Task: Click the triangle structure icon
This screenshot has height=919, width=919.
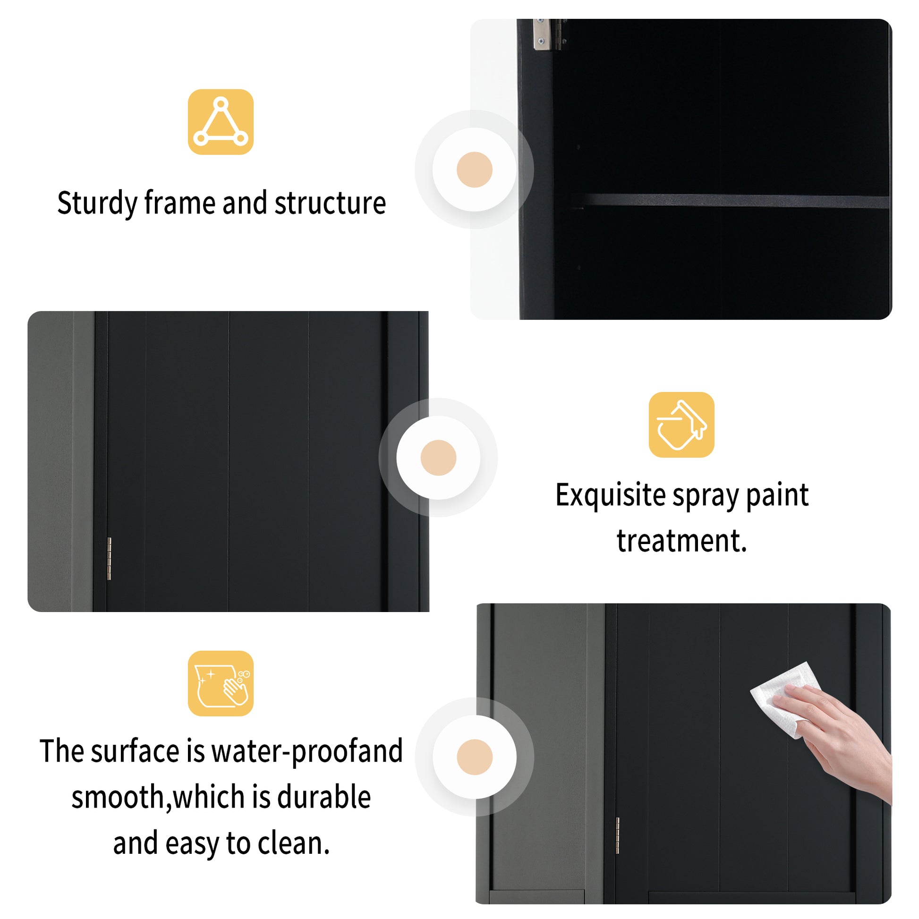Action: click(220, 122)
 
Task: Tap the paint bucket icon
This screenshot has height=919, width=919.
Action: click(681, 424)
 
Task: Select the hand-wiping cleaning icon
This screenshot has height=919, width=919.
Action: click(220, 683)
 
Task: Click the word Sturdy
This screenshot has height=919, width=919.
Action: click(97, 204)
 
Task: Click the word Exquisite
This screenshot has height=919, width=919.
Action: click(610, 495)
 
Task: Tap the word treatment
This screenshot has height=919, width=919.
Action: click(681, 541)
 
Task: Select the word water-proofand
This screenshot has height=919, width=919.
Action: click(307, 751)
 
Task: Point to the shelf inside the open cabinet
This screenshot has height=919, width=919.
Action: click(732, 201)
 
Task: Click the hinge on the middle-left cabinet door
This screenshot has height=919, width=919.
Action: click(109, 559)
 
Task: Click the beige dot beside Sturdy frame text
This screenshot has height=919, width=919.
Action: click(474, 170)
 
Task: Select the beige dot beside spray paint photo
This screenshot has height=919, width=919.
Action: click(438, 457)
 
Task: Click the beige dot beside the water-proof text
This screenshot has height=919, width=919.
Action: click(474, 757)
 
